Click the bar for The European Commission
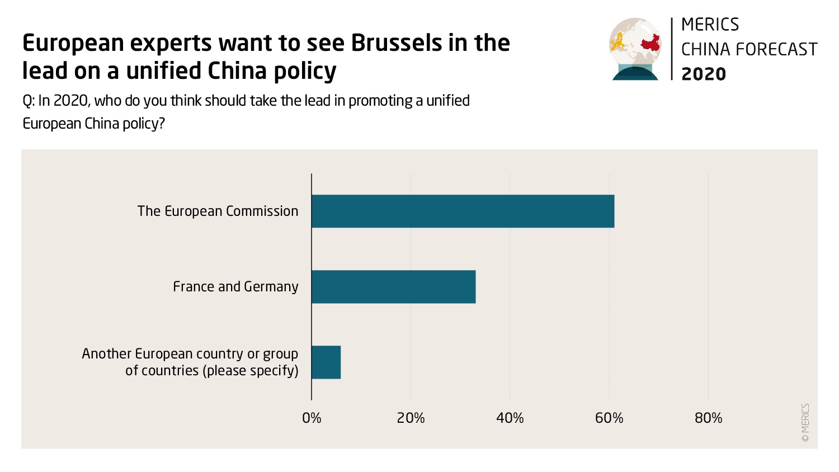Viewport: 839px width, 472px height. pos(463,211)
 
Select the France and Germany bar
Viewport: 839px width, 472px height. pos(393,287)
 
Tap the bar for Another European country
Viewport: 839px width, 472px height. pos(326,362)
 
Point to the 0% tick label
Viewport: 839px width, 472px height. pos(312,418)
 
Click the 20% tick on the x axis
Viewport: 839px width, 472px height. pos(411,418)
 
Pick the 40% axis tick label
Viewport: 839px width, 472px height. pos(510,418)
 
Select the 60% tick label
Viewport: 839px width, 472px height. pos(609,418)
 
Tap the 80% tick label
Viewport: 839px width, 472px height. pos(708,418)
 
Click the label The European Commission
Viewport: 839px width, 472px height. pos(218,211)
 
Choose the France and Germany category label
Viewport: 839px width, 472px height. pos(235,287)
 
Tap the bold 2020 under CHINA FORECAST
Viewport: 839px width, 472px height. pos(704,74)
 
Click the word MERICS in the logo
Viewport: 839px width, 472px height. pos(710,25)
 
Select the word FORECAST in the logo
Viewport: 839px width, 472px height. pos(776,49)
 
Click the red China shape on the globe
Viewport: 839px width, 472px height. pos(650,43)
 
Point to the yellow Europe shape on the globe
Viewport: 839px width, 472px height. pos(619,42)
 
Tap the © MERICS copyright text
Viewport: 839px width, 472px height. pos(805,423)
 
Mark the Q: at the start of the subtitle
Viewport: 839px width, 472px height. pos(29,101)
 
